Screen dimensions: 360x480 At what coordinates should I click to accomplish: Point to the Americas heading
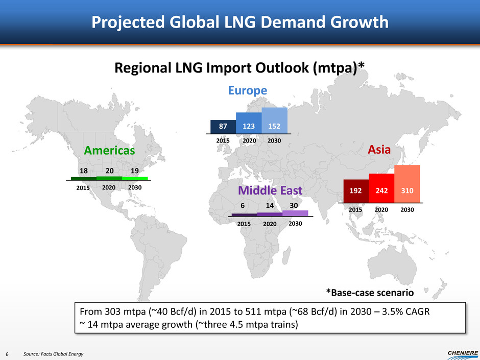coord(109,151)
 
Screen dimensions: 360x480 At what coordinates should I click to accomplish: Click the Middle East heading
coord(270,190)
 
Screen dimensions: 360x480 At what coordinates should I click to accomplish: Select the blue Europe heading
coord(247,90)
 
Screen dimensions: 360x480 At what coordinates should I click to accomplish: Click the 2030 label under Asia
coord(407,210)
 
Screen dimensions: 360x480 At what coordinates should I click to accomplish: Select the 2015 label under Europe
coord(223,140)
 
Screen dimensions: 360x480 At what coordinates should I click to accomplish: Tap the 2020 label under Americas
coord(109,187)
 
